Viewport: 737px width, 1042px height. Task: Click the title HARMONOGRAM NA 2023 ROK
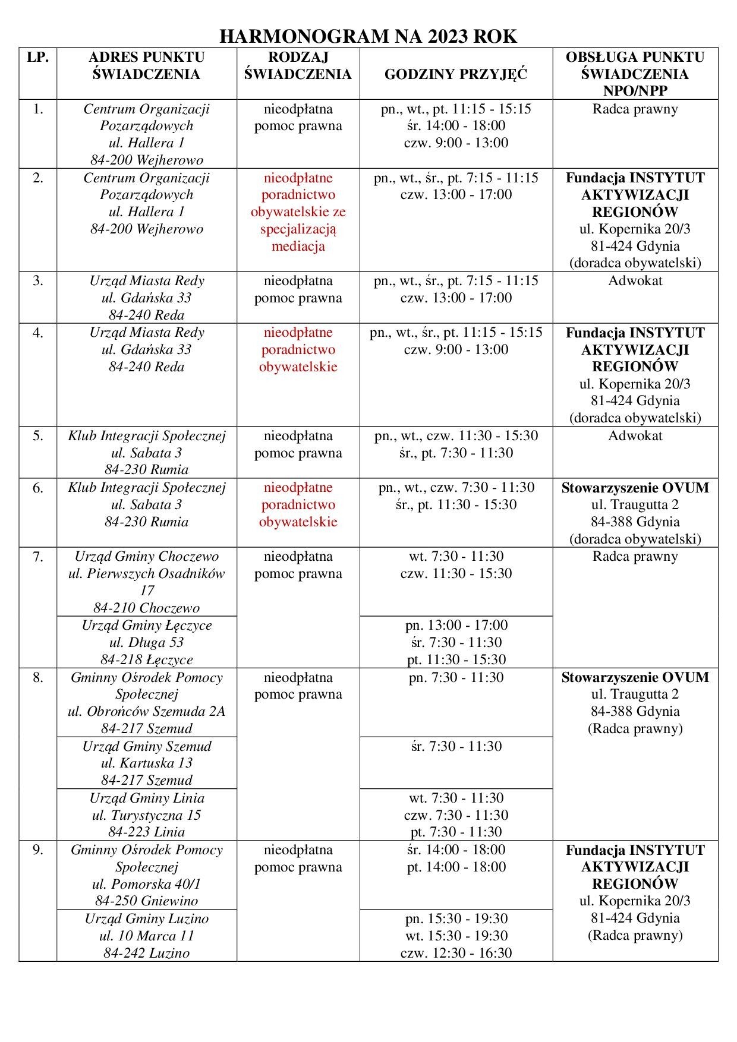tap(368, 37)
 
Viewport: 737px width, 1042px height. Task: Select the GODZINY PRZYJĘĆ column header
tap(456, 74)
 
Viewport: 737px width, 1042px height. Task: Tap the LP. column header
tap(37, 58)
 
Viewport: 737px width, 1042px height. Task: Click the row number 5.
tap(37, 435)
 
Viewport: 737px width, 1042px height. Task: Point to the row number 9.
tap(37, 850)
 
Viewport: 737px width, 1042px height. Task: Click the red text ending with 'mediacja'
tap(298, 246)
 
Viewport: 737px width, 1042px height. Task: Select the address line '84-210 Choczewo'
tap(146, 608)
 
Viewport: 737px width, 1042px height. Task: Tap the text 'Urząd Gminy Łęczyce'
tap(146, 625)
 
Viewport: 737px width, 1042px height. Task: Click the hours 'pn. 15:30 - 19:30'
tap(456, 918)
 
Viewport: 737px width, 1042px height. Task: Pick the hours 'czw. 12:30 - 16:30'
tap(456, 953)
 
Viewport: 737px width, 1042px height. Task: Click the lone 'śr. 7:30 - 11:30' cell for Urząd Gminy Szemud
tap(456, 746)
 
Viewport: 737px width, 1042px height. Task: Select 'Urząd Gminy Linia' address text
tap(146, 798)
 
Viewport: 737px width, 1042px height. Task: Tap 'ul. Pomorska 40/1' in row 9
tap(146, 883)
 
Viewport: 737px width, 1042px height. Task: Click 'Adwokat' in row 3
tap(635, 280)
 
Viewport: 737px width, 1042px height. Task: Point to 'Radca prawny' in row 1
tap(635, 109)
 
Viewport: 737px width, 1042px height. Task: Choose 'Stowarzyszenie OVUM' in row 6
tap(635, 488)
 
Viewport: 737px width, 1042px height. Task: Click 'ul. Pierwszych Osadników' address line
tap(146, 574)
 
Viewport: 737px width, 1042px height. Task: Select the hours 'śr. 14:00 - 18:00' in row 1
tap(456, 125)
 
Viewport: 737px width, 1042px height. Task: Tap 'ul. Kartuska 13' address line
tap(146, 763)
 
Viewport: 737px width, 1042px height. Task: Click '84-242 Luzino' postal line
tap(146, 953)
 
